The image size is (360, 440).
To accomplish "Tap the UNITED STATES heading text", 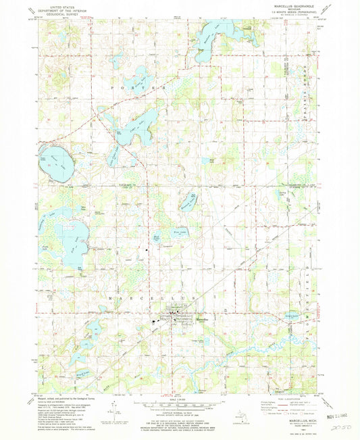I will coord(55,6).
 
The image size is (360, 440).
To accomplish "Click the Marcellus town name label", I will coord(203,313).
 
